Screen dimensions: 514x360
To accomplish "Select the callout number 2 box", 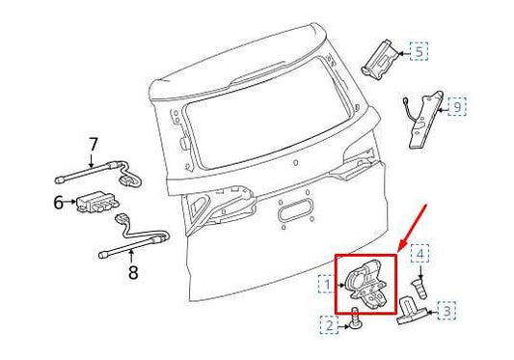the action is (329, 328).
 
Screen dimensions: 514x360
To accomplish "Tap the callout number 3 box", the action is (446, 311).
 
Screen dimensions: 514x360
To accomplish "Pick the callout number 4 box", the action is (420, 254).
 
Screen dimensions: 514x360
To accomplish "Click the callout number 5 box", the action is (419, 51).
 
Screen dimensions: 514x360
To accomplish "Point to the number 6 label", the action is (58, 203).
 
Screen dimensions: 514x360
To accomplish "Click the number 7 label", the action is (94, 146).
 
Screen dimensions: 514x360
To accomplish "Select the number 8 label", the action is (132, 273).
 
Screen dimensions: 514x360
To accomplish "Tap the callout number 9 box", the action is (457, 104).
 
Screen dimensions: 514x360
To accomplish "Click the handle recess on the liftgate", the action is (295, 211).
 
